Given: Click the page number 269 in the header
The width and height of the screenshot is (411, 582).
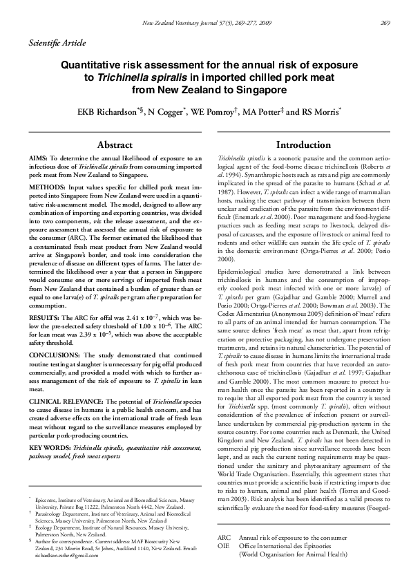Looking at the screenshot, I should pos(385,23).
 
